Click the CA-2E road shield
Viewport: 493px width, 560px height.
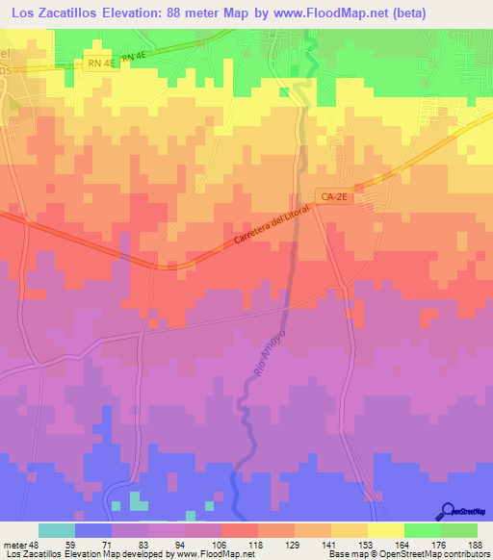point(333,196)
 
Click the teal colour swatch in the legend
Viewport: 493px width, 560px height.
point(57,530)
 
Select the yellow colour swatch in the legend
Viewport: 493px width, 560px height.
point(385,530)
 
